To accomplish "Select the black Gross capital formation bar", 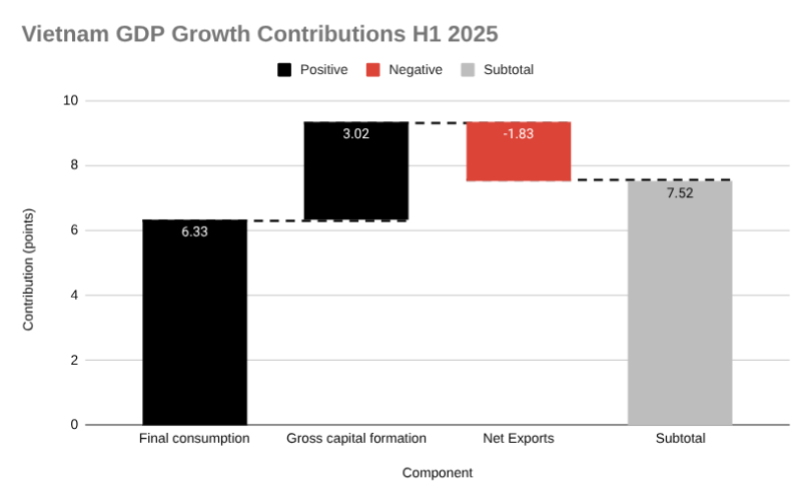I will coord(356,171).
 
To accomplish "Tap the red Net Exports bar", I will coord(518,151).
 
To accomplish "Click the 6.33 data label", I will coord(194,232).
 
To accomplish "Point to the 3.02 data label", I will coord(356,134).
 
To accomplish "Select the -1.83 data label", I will coord(518,134).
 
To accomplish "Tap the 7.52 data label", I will coord(680,193).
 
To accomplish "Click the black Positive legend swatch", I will coord(284,70).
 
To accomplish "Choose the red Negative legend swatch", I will coord(373,70).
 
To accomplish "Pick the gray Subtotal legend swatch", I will coord(468,70).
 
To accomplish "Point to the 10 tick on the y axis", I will coord(71,101).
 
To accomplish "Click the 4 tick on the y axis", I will coord(74,295).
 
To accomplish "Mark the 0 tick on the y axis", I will coord(74,425).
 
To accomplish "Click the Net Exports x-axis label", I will coord(518,439).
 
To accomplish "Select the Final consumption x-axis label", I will coord(194,439).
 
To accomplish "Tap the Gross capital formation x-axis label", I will coord(356,439).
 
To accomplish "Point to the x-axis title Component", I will coord(437,473).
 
